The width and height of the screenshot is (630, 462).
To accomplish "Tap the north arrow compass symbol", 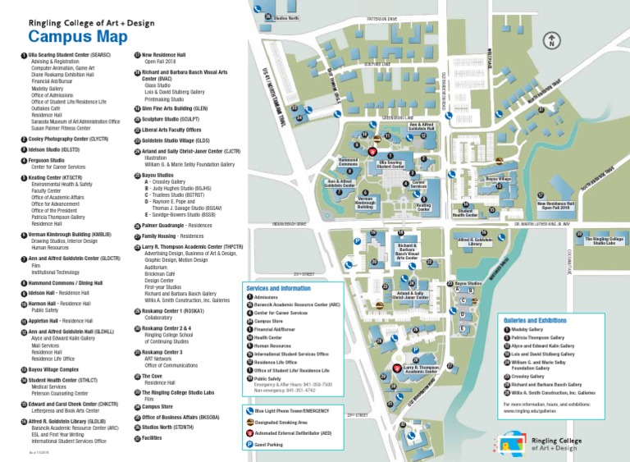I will [x=554, y=39].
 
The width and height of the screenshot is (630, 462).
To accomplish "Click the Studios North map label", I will [x=285, y=17].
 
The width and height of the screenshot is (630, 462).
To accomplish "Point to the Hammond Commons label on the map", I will [x=348, y=162].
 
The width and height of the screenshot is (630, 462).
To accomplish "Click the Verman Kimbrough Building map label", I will [x=366, y=202].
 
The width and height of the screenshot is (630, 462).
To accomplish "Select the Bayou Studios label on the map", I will [x=468, y=283].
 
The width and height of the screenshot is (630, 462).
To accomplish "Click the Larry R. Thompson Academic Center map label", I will [x=420, y=369].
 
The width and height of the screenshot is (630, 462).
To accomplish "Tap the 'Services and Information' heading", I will [x=278, y=288].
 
